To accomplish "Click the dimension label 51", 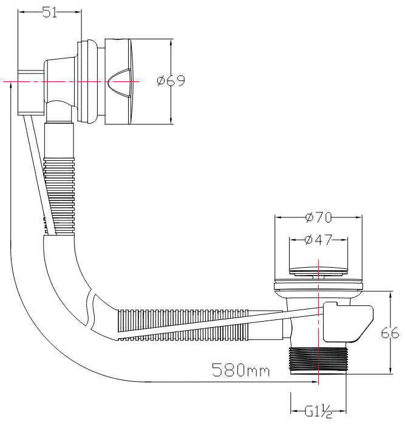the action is [x=50, y=12].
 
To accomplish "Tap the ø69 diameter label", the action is [x=171, y=81].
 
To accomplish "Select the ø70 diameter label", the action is [x=318, y=217].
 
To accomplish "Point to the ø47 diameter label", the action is [x=318, y=240].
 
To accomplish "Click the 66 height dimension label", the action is [x=390, y=333].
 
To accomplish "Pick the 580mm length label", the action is [x=241, y=370].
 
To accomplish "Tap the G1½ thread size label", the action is [x=318, y=412].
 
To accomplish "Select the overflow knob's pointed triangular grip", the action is [x=119, y=81].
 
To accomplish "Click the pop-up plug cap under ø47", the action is [x=318, y=271].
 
